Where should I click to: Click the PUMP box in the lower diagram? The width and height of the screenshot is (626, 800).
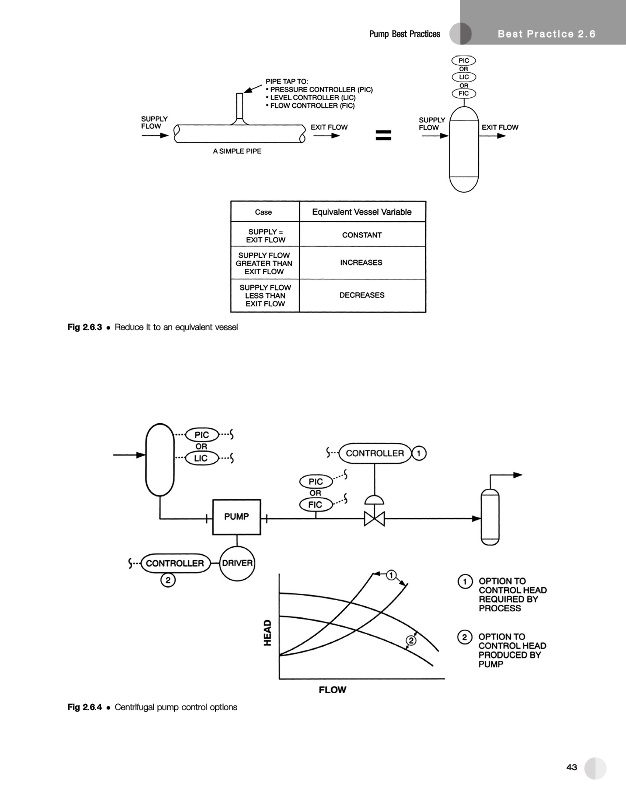236,517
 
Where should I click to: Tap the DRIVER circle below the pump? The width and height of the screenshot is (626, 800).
237,563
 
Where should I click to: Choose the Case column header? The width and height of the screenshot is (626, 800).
265,211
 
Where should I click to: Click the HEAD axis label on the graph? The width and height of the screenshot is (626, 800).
267,632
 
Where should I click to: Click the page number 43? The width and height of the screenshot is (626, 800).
572,767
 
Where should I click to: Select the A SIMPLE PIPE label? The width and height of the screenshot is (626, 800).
237,152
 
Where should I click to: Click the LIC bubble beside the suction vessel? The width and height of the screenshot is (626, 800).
202,458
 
